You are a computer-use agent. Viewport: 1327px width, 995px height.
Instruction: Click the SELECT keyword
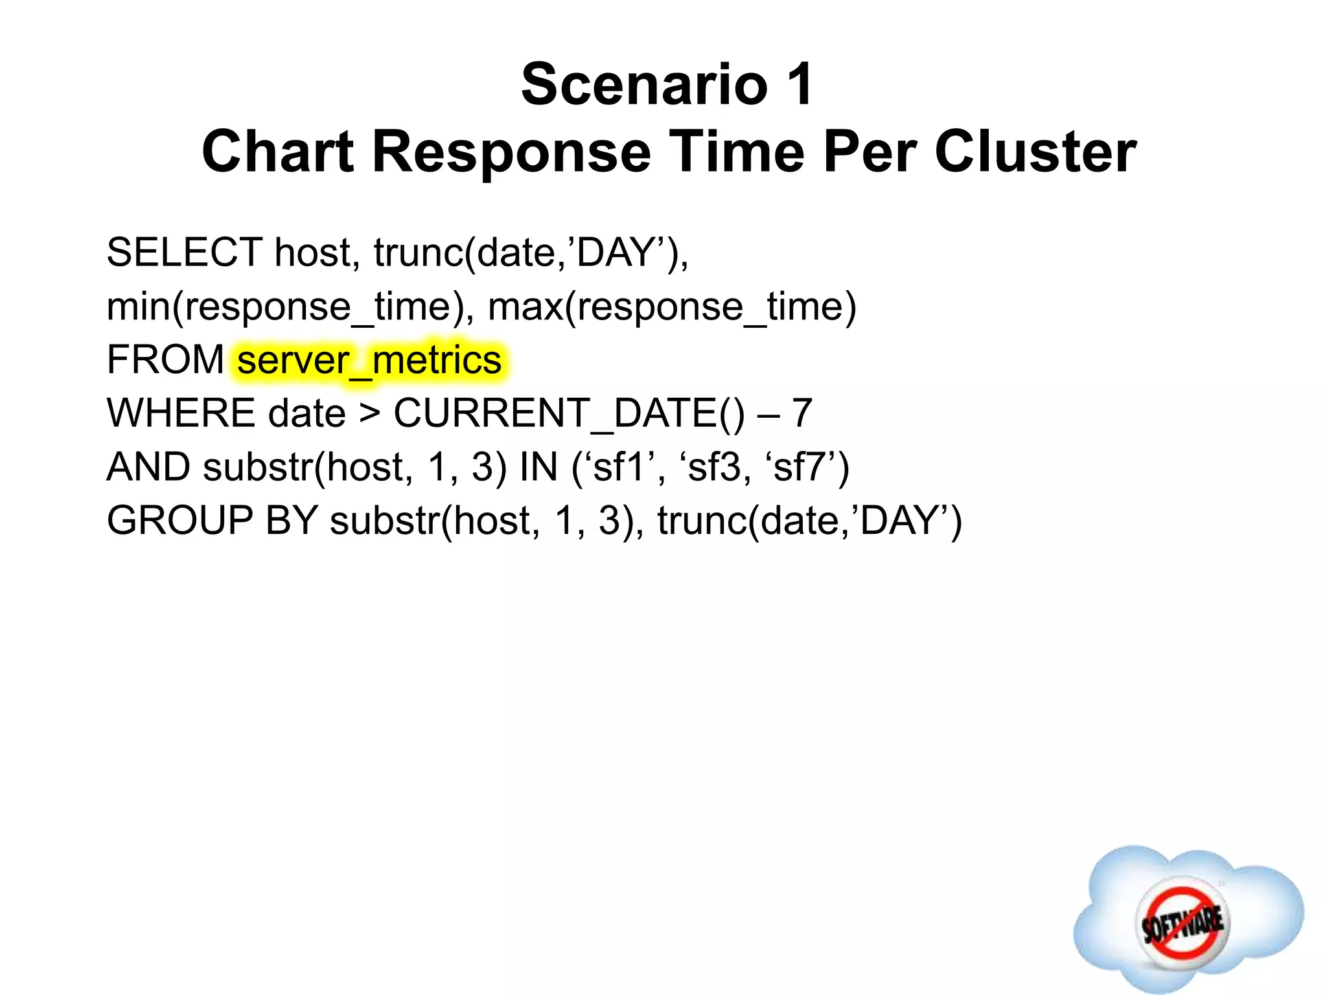[x=184, y=252]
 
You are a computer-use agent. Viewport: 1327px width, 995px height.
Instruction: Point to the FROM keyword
[x=165, y=360]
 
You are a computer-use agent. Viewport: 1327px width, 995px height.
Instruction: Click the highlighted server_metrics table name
[x=369, y=360]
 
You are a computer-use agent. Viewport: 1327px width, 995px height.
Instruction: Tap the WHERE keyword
[x=181, y=413]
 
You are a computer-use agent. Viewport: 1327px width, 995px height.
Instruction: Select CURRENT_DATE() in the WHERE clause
[x=570, y=413]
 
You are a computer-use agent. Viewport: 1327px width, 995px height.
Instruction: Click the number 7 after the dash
[x=802, y=413]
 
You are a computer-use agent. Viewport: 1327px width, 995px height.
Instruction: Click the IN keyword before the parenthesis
[x=538, y=467]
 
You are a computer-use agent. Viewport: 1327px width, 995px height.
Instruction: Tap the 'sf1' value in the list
[x=622, y=467]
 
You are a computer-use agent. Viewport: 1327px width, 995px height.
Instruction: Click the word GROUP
[x=179, y=521]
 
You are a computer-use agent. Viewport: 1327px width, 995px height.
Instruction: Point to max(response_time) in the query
[x=672, y=306]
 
